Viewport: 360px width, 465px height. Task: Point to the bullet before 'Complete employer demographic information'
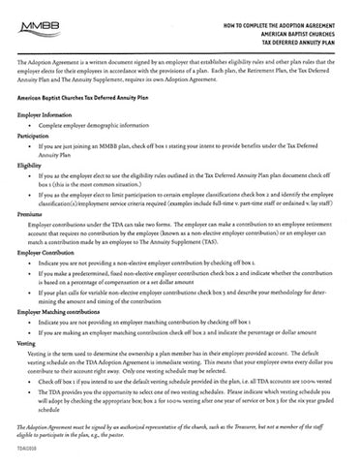(31, 126)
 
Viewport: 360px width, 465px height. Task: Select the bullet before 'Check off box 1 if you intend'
(31, 386)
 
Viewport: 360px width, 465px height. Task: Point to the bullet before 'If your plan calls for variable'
(31, 292)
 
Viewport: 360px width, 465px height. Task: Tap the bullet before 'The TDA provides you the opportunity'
(31, 396)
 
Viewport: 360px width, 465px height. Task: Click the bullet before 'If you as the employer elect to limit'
(31, 194)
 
